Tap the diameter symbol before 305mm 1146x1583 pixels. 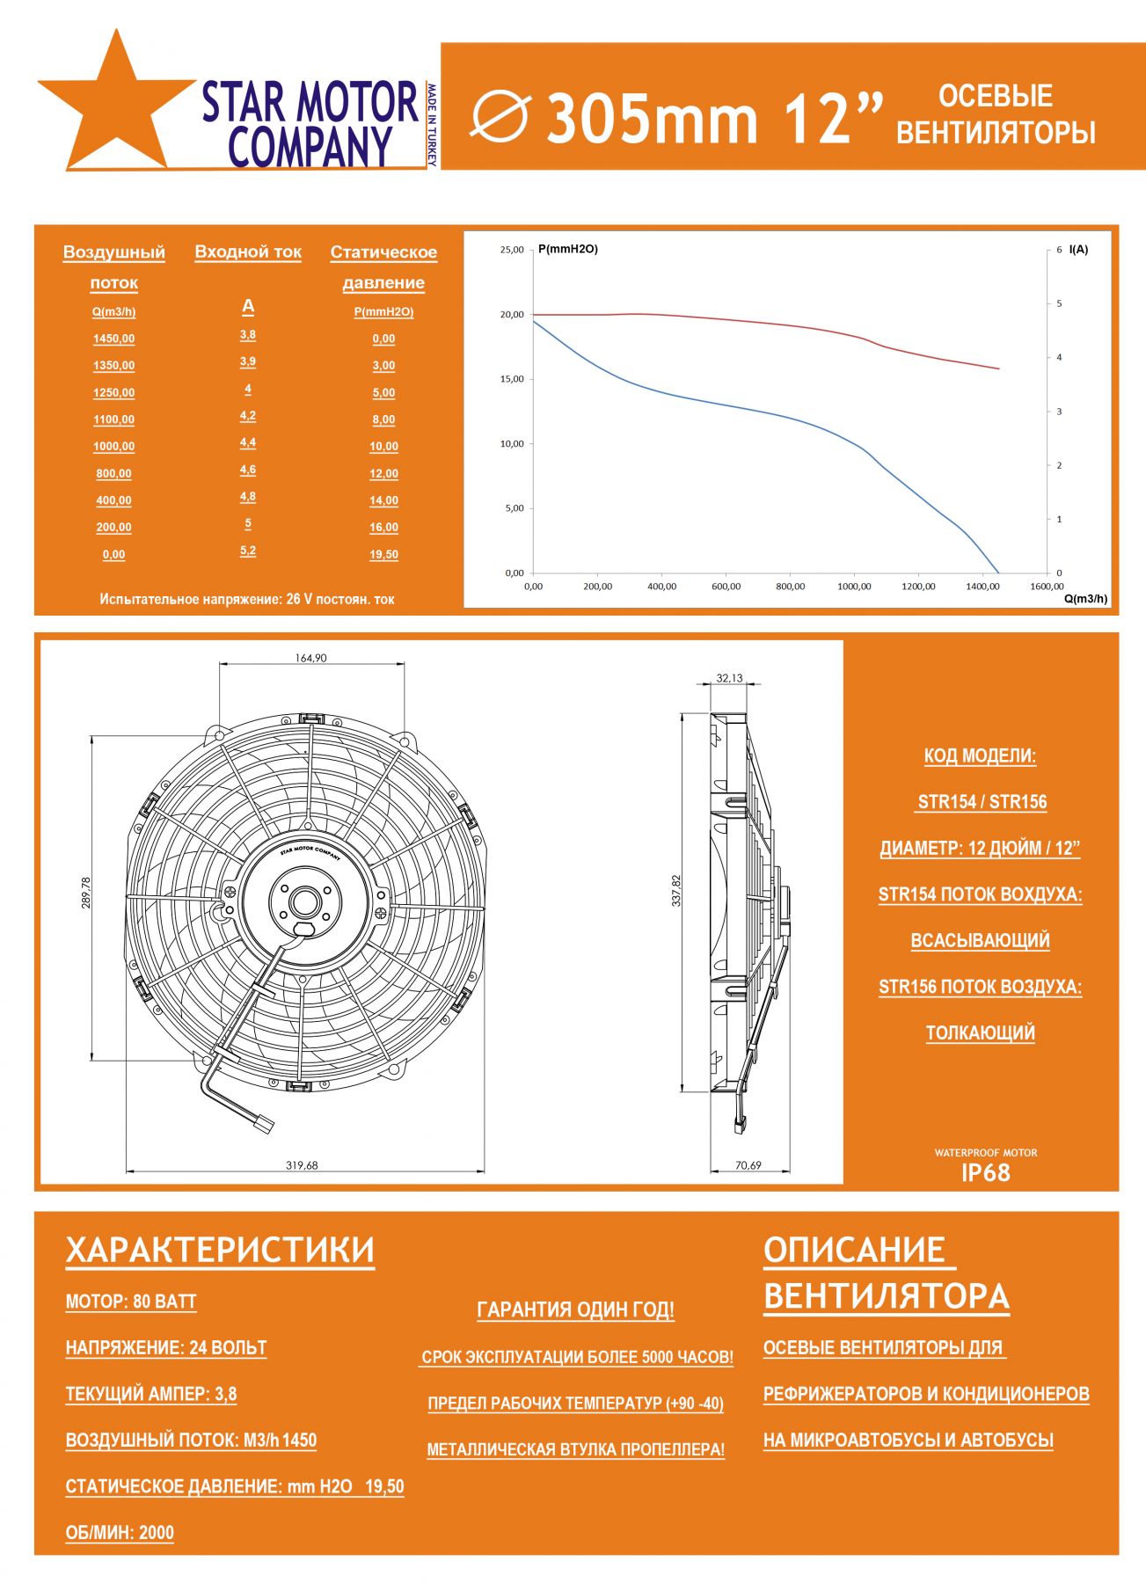coord(500,116)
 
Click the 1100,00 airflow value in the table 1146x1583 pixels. coord(114,419)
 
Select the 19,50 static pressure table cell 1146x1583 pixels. coord(383,554)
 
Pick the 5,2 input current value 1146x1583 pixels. coord(248,551)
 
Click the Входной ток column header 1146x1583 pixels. coord(248,252)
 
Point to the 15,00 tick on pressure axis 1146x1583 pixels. coord(512,379)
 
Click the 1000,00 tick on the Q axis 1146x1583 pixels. coord(854,587)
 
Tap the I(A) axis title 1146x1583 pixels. coord(1078,250)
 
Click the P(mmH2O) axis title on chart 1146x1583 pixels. coord(568,249)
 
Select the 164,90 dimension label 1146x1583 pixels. coord(310,658)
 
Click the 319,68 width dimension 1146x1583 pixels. coord(302,1165)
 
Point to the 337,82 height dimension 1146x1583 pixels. coord(676,891)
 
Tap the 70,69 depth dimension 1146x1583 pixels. coord(748,1165)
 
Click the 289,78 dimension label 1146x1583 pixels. coord(86,893)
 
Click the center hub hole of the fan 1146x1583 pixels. coord(305,901)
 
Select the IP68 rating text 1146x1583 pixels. coord(986,1173)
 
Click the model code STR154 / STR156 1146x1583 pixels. coord(982,802)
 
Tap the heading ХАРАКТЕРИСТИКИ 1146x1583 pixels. coord(220,1251)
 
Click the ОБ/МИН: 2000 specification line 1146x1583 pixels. coord(120,1533)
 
